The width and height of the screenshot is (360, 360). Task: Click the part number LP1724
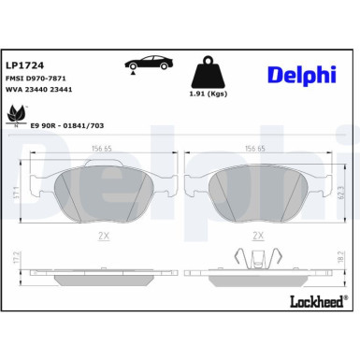[x=23, y=65]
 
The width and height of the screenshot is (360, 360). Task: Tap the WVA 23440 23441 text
[x=40, y=91]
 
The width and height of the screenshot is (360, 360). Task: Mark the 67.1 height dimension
[x=16, y=192]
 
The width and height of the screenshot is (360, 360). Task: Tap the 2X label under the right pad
[x=259, y=238]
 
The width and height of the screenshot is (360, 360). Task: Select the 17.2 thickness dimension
[x=16, y=280]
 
